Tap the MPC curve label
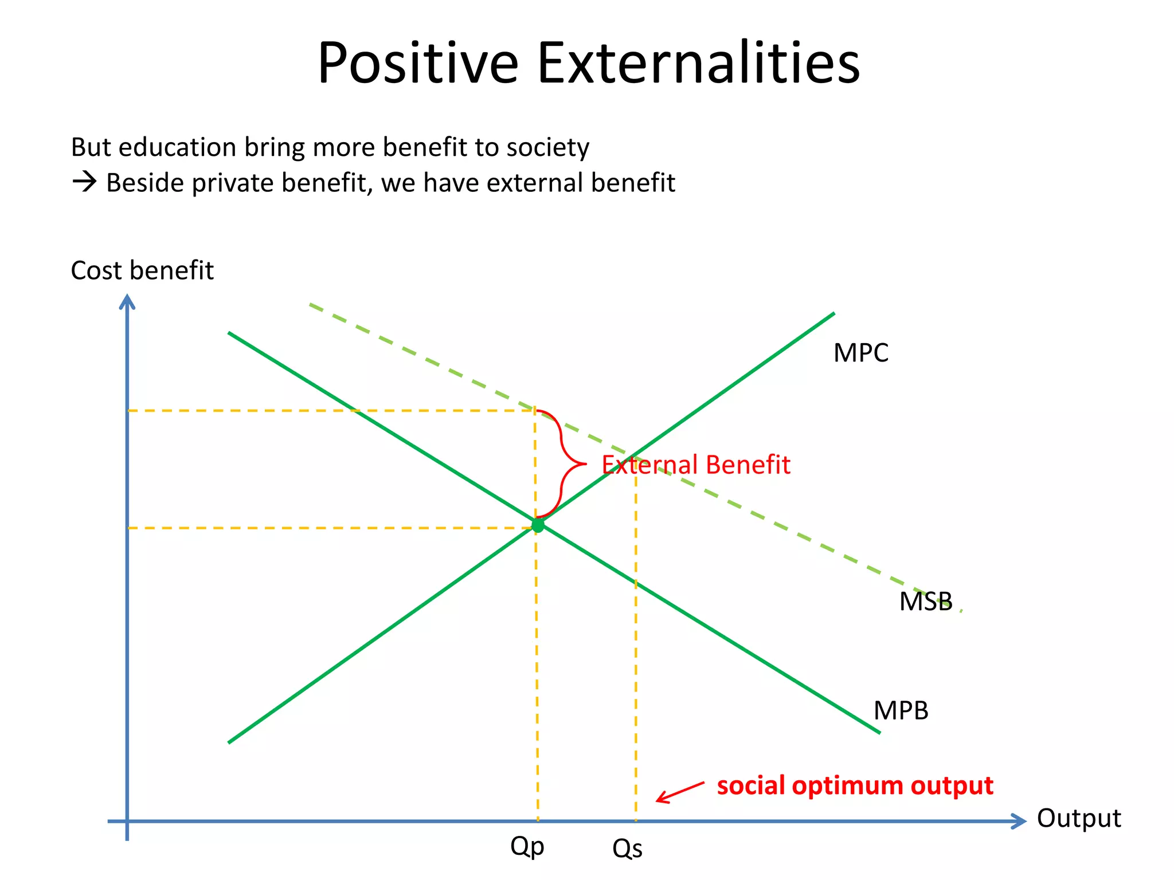(860, 353)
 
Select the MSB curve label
(925, 602)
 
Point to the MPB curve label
(901, 710)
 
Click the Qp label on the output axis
(527, 846)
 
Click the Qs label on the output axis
(627, 848)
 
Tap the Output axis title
(1078, 818)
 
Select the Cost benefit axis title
(142, 270)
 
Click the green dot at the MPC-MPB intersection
(538, 525)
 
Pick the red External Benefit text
(696, 465)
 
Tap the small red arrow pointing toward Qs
(679, 792)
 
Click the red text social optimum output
(855, 785)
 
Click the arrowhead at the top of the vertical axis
(127, 301)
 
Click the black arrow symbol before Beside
(84, 183)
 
